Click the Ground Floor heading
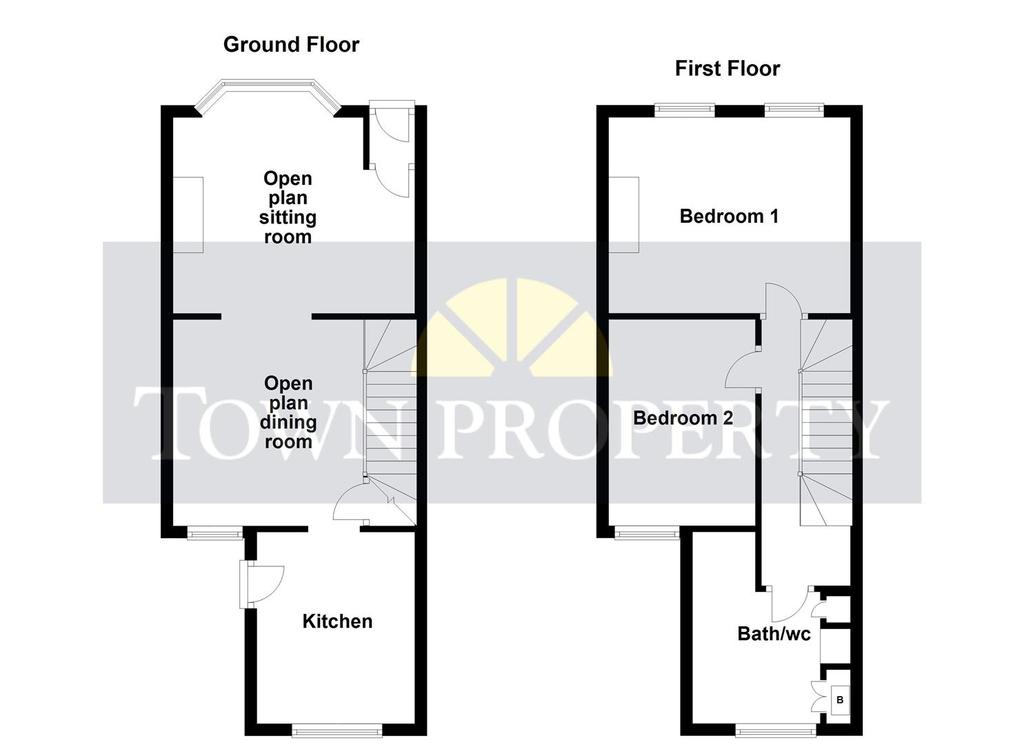(x=291, y=44)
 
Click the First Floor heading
(x=727, y=69)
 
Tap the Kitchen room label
(x=337, y=621)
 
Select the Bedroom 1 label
(x=729, y=216)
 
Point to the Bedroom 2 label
(x=683, y=418)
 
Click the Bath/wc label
(x=774, y=633)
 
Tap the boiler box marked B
(x=840, y=700)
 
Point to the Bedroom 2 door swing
(x=741, y=370)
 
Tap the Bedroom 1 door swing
(x=782, y=300)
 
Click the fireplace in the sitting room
(x=188, y=215)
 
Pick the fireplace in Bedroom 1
(x=624, y=215)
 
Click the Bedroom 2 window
(x=647, y=533)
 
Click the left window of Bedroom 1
(x=684, y=110)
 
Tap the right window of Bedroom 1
(x=793, y=110)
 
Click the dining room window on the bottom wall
(x=214, y=533)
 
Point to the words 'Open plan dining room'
(x=288, y=413)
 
